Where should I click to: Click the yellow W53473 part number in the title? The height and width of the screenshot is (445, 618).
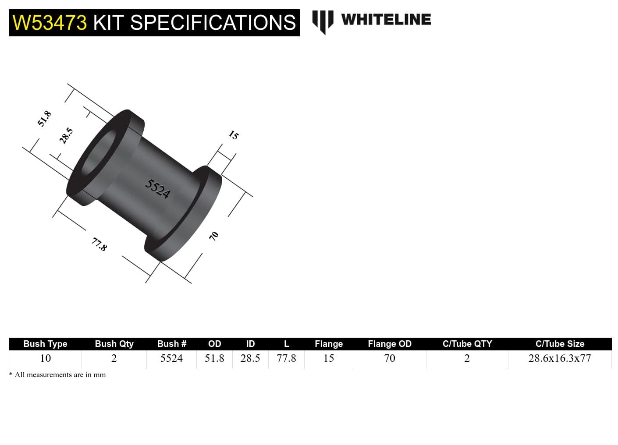coord(50,23)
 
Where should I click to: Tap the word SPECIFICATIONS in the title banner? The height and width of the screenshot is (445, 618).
coord(213,23)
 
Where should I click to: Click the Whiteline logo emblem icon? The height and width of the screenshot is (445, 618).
coord(323,21)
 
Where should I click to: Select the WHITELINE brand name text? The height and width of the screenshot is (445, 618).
coord(386,19)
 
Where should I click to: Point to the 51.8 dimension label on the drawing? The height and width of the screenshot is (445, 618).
coord(44,119)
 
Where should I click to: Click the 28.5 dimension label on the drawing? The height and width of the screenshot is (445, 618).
coord(66,136)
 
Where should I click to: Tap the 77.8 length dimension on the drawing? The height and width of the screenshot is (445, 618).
coord(99,244)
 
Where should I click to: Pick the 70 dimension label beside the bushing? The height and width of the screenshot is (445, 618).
coord(214,236)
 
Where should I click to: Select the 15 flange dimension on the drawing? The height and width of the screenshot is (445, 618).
coord(234,135)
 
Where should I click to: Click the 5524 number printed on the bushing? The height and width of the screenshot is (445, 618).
coord(158,189)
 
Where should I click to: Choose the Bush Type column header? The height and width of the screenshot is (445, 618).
coord(45,344)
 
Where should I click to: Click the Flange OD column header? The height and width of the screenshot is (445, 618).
coord(389,344)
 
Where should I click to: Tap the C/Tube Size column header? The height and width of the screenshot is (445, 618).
coord(560,344)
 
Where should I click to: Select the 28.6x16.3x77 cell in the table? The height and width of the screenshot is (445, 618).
coord(560,358)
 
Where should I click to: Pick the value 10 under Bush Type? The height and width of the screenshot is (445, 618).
coord(45,358)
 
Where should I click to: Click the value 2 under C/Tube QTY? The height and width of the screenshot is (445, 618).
coord(467,358)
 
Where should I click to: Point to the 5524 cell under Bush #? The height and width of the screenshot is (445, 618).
coord(171,358)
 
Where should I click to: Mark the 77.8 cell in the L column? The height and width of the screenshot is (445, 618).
coord(286,358)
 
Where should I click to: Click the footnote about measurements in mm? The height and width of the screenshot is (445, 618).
coord(57,375)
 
